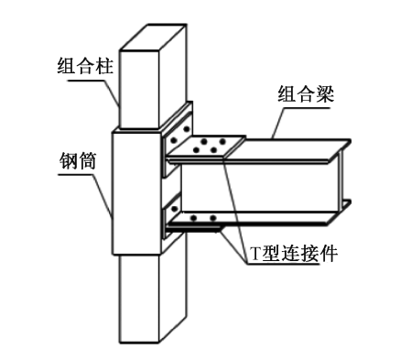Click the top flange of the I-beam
(x=293, y=146)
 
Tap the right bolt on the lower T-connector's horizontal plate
(x=212, y=219)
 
